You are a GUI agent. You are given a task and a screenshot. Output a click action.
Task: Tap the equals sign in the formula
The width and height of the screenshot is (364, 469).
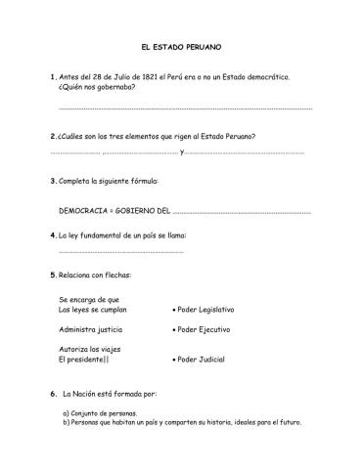[x=114, y=209]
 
